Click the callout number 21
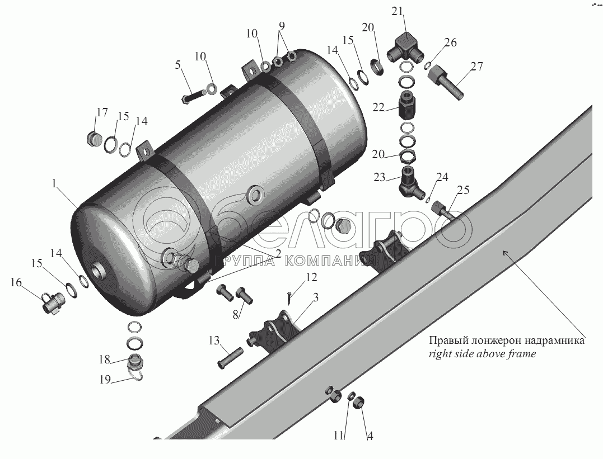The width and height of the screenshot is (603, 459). (x=398, y=11)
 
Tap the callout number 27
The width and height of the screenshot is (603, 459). (x=476, y=67)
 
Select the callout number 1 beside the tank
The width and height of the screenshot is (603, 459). (x=55, y=183)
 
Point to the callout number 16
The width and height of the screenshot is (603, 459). (x=16, y=283)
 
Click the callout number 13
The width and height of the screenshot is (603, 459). (x=214, y=340)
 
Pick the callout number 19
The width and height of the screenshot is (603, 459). (x=105, y=380)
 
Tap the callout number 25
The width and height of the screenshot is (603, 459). (x=464, y=190)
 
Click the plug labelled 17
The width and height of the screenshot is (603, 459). (x=94, y=138)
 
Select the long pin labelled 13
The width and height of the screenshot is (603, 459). (x=230, y=358)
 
